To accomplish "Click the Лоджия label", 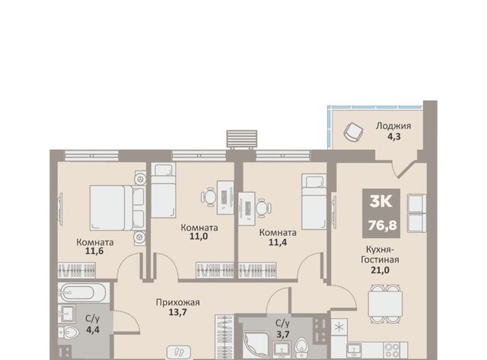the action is pos(393,126).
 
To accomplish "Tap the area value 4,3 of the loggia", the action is pos(394,136).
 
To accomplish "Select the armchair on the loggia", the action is pos(353,132).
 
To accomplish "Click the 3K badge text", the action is pos(381,202).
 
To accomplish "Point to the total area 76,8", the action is pos(382,225).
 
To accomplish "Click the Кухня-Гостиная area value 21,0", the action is pos(380,270).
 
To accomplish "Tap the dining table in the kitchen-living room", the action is pos(385,304).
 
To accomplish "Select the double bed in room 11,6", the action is pos(117,208).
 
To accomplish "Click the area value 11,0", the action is pos(199,237).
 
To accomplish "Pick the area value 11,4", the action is pos(278,242).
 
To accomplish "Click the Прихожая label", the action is pos(177,302).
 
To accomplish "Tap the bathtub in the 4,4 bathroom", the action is pos(83,292).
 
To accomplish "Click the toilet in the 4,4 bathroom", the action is pos(69,333).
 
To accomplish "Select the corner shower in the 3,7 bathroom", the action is pos(256,345).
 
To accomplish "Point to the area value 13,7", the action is pos(177,312).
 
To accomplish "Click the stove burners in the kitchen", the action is pos(392,350).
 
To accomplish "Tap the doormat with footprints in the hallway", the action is pos(179,352).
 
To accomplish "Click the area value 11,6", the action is pos(94,251).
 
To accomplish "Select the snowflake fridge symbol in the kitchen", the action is pos(339,327).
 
